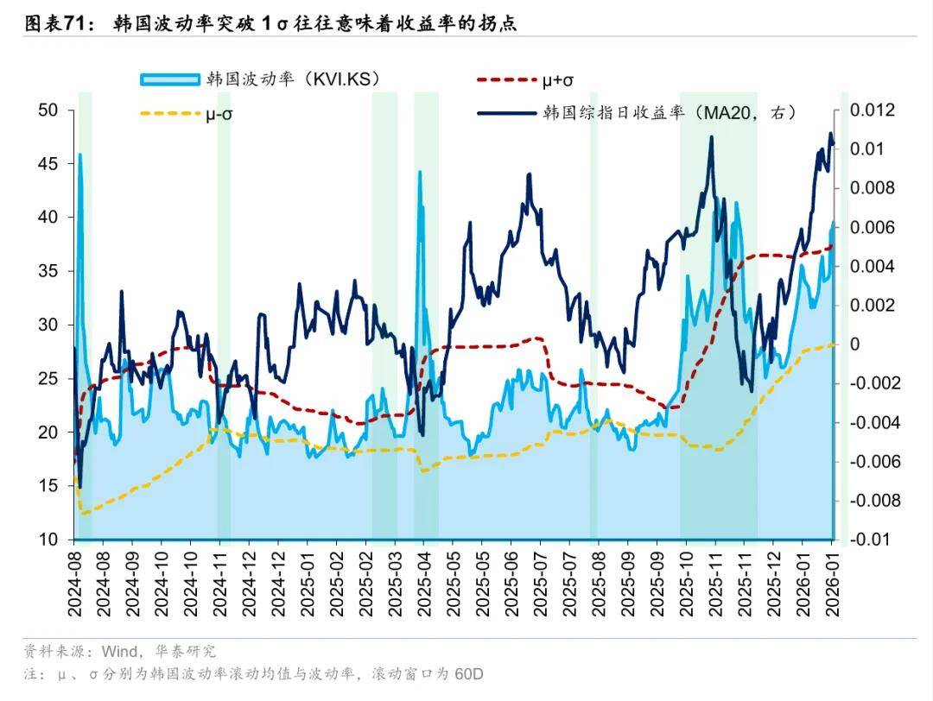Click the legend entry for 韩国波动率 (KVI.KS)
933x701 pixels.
point(259,79)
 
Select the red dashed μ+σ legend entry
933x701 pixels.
point(525,79)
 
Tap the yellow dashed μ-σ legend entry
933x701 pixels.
point(187,113)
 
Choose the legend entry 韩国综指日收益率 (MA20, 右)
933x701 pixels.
point(637,112)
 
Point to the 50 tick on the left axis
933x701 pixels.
point(48,110)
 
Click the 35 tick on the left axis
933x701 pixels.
point(48,271)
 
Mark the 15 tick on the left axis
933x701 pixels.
point(48,486)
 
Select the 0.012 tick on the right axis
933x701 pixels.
point(872,110)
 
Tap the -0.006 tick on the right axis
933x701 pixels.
point(874,461)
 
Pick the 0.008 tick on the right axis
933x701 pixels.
point(872,188)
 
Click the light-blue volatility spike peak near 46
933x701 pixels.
point(79,155)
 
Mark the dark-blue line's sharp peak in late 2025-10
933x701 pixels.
point(711,137)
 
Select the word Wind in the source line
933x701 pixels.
point(119,652)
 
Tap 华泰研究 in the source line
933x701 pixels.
point(186,652)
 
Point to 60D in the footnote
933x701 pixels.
point(469,674)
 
